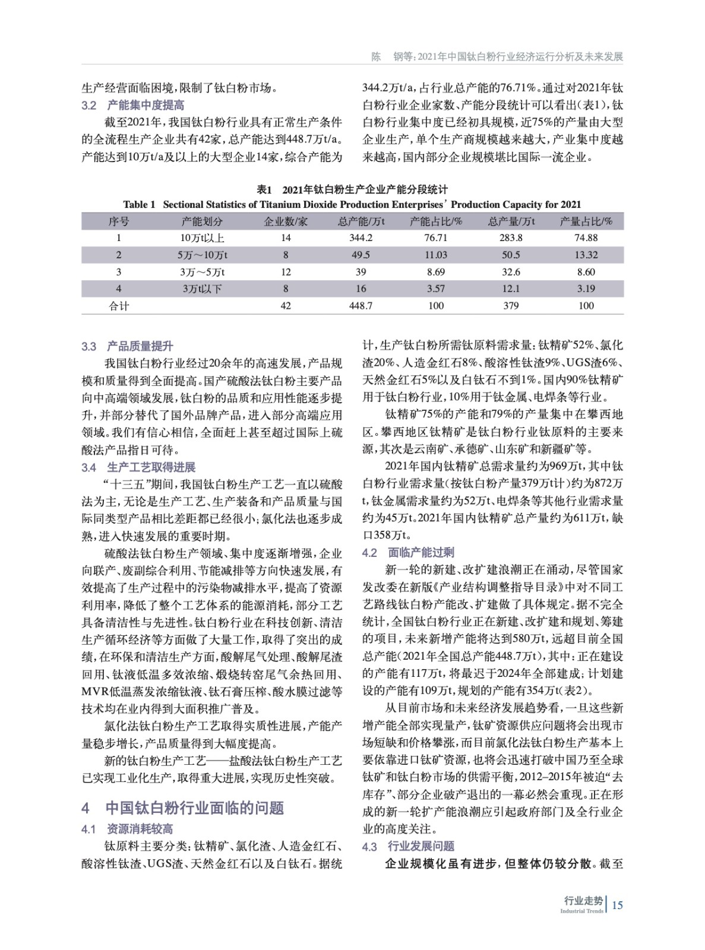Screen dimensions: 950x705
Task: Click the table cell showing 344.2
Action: [361, 237]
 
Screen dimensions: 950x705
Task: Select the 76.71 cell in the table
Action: [435, 237]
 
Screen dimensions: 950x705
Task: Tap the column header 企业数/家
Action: [286, 221]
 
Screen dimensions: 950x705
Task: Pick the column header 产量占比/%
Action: [586, 221]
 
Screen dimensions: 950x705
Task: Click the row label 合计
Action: [119, 306]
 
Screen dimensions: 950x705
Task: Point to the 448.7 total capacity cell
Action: [361, 306]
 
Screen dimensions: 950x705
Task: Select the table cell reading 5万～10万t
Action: [202, 255]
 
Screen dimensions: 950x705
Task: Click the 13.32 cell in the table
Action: [586, 255]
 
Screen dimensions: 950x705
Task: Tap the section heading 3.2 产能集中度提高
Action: [133, 106]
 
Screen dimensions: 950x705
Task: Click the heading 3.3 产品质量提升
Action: [128, 346]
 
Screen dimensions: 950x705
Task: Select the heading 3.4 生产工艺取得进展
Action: [138, 467]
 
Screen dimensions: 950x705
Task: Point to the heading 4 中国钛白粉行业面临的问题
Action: [183, 807]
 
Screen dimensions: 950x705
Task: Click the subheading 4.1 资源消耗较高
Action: [128, 829]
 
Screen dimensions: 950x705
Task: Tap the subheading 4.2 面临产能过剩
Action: [409, 553]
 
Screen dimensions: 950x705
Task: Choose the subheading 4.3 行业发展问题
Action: [409, 846]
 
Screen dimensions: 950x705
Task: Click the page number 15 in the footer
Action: [617, 905]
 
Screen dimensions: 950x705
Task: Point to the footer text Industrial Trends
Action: [581, 911]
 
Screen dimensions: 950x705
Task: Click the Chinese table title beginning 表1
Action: [352, 189]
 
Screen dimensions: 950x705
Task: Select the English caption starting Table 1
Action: [352, 205]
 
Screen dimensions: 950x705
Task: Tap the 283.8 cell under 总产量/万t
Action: [511, 237]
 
